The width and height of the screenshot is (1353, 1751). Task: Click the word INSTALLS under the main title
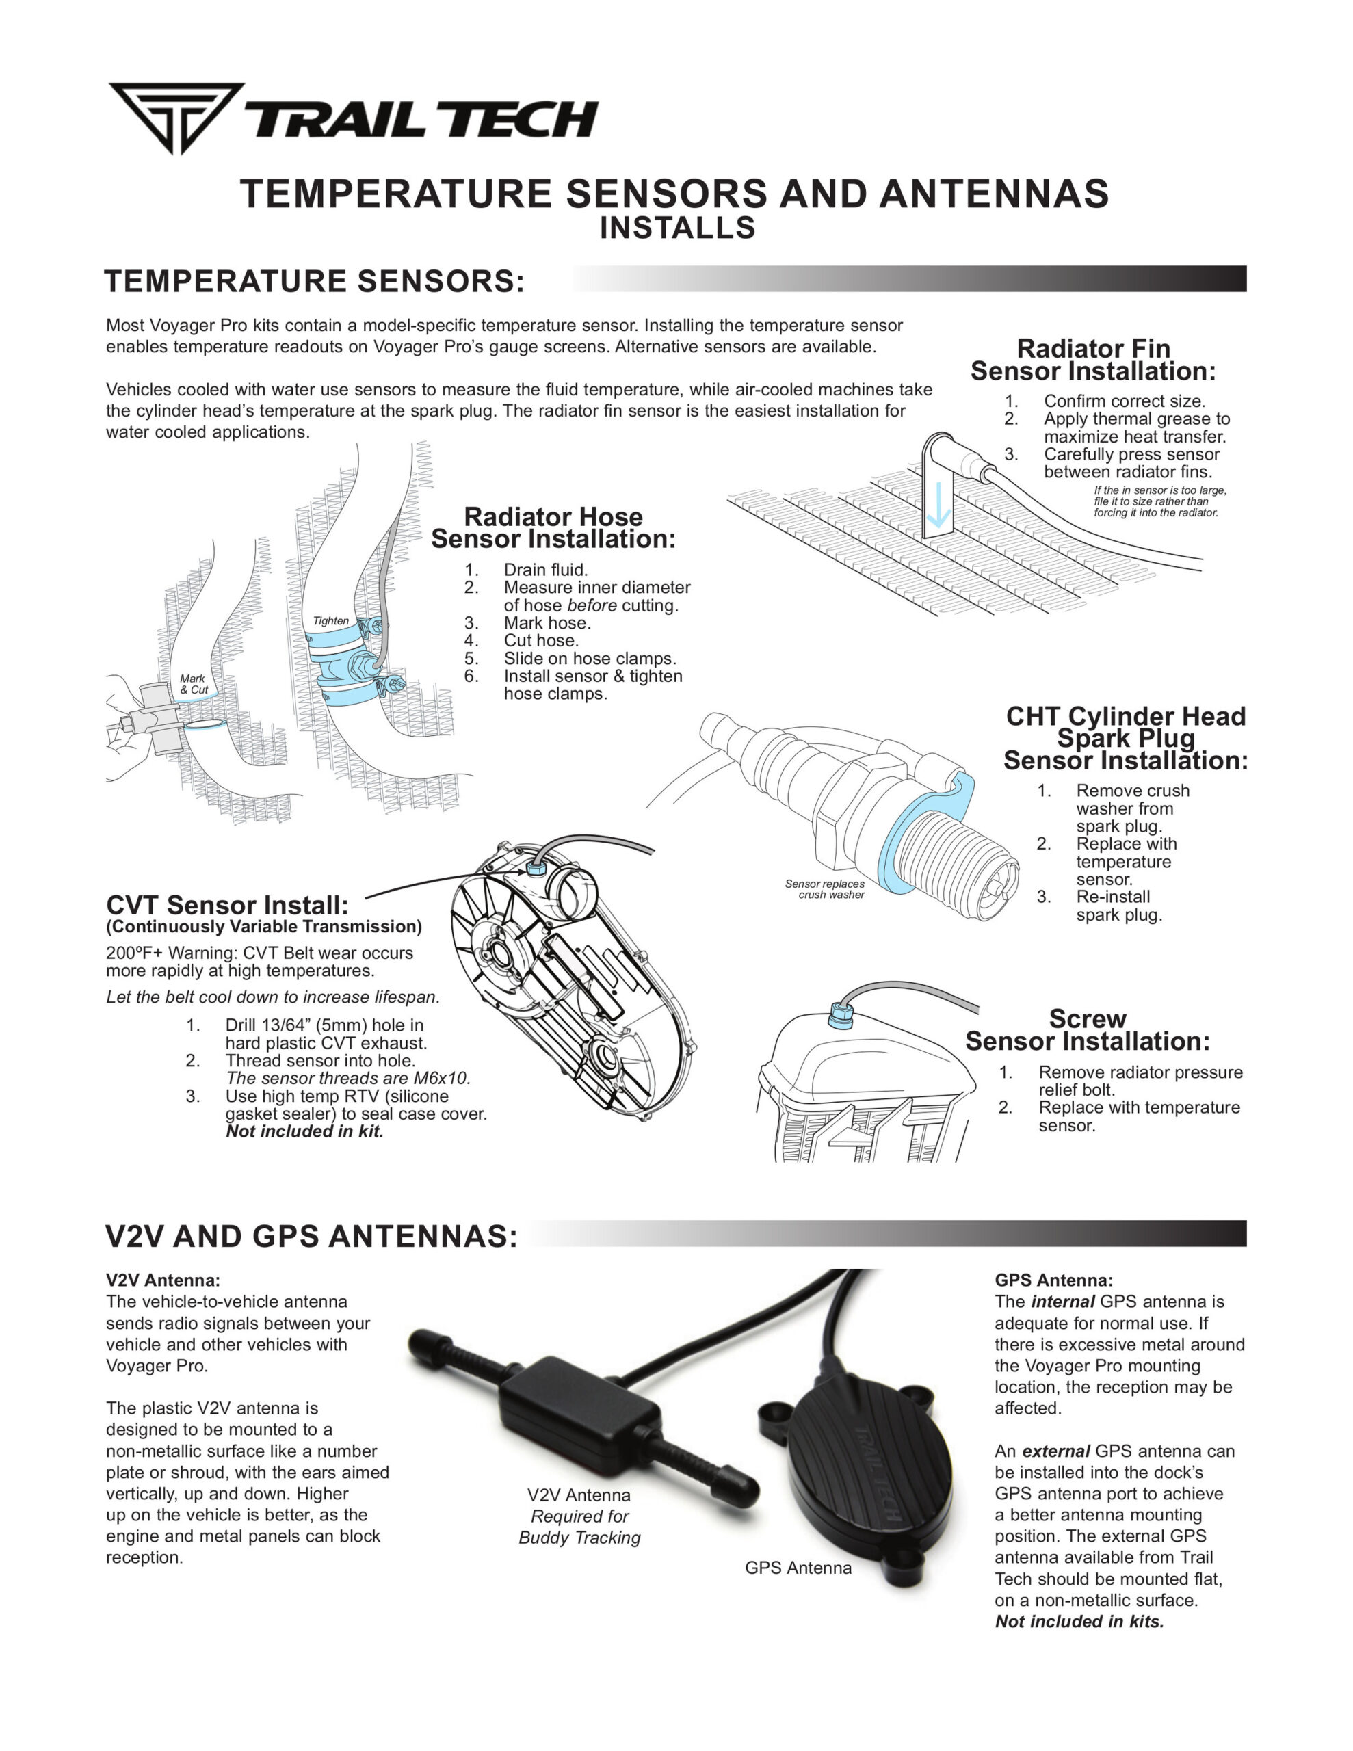(x=677, y=228)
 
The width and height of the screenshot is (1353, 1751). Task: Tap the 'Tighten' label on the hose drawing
(x=330, y=620)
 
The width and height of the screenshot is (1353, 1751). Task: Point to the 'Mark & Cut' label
(x=194, y=684)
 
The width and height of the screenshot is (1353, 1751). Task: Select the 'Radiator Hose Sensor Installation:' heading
(x=553, y=527)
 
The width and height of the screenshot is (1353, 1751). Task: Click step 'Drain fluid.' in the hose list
(x=545, y=569)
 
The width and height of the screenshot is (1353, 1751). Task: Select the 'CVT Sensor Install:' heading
(x=227, y=905)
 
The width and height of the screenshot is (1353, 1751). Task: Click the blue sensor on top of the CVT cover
(x=536, y=867)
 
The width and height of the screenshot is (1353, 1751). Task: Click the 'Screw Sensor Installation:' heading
(x=1087, y=1030)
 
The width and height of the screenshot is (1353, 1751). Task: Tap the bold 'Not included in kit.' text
(x=305, y=1131)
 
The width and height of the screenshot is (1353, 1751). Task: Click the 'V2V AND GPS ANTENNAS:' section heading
(x=311, y=1236)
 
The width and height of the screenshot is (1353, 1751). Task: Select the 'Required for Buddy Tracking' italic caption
(x=579, y=1527)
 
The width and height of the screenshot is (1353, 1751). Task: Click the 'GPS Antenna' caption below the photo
(x=798, y=1568)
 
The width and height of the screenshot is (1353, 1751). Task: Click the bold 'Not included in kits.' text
(x=1079, y=1621)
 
